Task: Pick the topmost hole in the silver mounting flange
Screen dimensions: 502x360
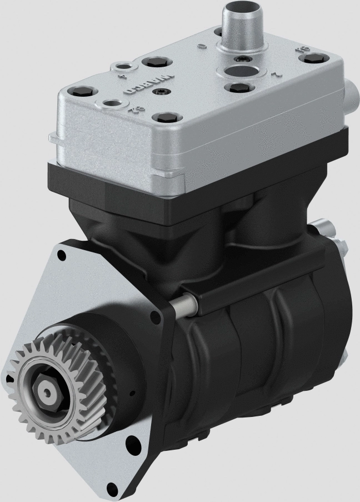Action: tap(60, 255)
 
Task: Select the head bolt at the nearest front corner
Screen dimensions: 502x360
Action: tap(163, 117)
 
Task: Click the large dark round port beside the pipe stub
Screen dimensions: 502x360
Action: tap(239, 72)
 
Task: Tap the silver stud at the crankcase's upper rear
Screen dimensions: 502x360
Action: tap(322, 227)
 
